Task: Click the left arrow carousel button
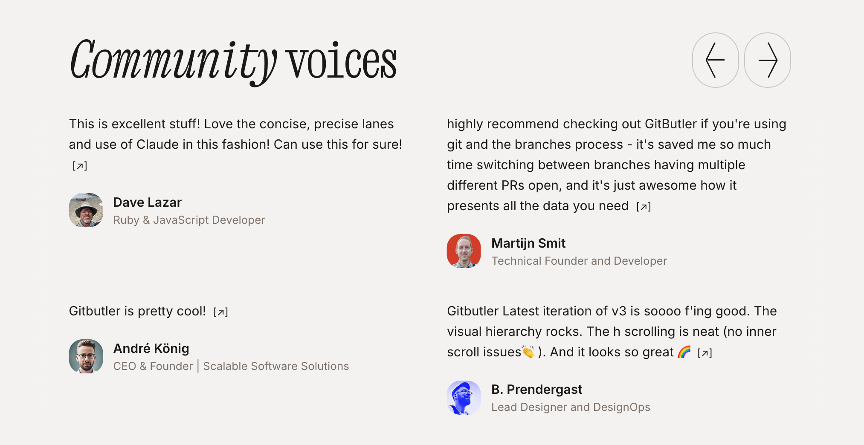(x=715, y=60)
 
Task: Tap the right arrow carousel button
(x=768, y=60)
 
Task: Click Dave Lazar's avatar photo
(x=86, y=210)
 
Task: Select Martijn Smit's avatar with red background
(x=464, y=251)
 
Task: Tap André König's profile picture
(x=86, y=356)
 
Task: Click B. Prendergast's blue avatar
(x=464, y=398)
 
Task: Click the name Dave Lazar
(x=148, y=202)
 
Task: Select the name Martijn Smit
(x=528, y=243)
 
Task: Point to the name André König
(x=151, y=348)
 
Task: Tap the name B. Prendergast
(x=537, y=390)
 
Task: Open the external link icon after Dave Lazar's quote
(x=80, y=166)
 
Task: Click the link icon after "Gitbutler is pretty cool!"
(x=221, y=312)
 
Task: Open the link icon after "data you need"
(x=644, y=207)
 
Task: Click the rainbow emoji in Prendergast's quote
(x=684, y=352)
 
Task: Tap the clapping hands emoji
(x=528, y=352)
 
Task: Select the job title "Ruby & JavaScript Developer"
(x=189, y=220)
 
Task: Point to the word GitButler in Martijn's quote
(x=671, y=124)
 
